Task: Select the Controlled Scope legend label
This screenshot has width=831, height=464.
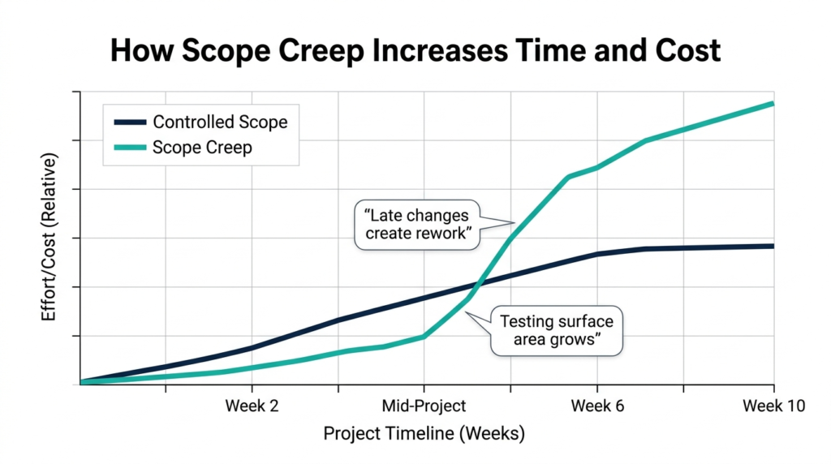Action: pyautogui.click(x=220, y=122)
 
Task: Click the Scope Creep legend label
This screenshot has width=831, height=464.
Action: pyautogui.click(x=202, y=148)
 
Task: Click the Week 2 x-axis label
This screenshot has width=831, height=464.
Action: pyautogui.click(x=252, y=406)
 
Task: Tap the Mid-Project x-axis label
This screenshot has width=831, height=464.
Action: pyautogui.click(x=424, y=406)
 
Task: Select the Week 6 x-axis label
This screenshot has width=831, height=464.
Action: pyautogui.click(x=597, y=406)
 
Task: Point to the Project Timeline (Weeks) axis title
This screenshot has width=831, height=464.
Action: pyautogui.click(x=424, y=434)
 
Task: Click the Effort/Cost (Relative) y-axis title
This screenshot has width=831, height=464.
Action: pyautogui.click(x=50, y=238)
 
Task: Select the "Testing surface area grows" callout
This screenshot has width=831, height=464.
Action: pyautogui.click(x=557, y=330)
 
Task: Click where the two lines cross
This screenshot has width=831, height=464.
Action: pyautogui.click(x=478, y=284)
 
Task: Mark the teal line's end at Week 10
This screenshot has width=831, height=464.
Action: pyautogui.click(x=771, y=104)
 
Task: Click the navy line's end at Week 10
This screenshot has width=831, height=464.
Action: pyautogui.click(x=771, y=246)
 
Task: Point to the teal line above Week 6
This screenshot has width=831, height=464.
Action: pyautogui.click(x=597, y=167)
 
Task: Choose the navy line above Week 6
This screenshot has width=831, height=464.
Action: pyautogui.click(x=597, y=254)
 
